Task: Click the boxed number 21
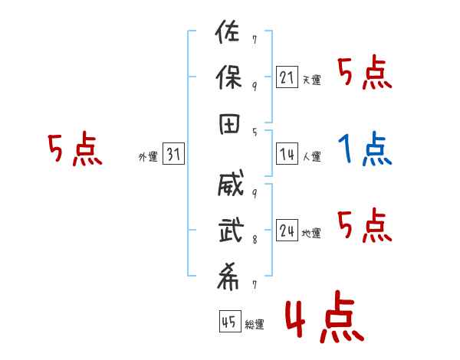[x=287, y=78]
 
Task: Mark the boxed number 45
[x=228, y=322]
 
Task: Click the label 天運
[x=310, y=80]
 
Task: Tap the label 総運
[x=254, y=324]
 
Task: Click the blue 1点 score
[x=366, y=149]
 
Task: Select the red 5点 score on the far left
[x=74, y=149]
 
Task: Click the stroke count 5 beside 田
[x=255, y=133]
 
